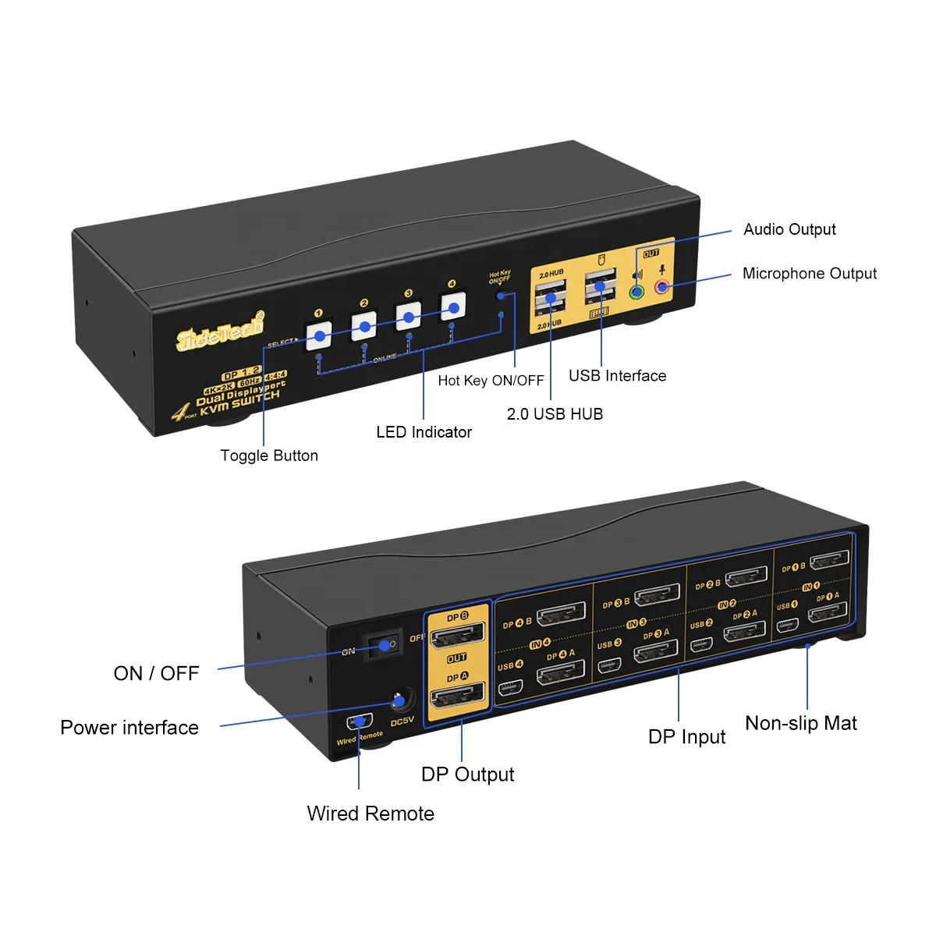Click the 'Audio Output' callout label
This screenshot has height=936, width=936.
(789, 229)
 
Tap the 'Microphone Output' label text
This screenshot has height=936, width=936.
(809, 274)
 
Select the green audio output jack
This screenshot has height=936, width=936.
(636, 293)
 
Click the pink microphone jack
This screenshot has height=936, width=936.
(662, 287)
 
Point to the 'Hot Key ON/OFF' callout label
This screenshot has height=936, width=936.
(491, 381)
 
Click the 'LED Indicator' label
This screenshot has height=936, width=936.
(424, 432)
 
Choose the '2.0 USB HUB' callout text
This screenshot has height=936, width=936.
(555, 414)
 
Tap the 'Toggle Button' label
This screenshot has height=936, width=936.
(269, 456)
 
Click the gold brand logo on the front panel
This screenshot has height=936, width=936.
(220, 333)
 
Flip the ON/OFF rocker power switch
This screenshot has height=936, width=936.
(385, 645)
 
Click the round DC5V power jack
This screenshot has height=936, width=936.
(401, 700)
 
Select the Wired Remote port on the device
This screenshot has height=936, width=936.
(360, 721)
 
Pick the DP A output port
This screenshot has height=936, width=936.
(458, 693)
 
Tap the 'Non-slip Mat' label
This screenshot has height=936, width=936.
(800, 724)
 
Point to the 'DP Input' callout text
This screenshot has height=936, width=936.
(686, 737)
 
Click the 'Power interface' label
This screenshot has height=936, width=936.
(129, 728)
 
